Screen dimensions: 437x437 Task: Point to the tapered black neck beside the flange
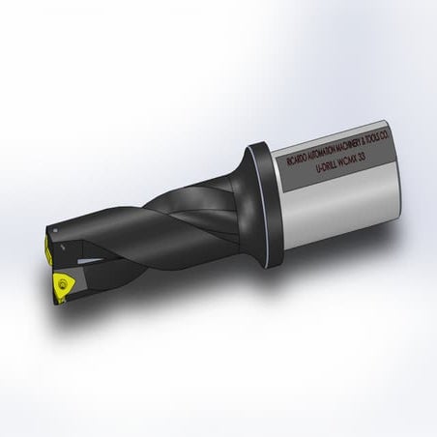(x=232, y=193)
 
